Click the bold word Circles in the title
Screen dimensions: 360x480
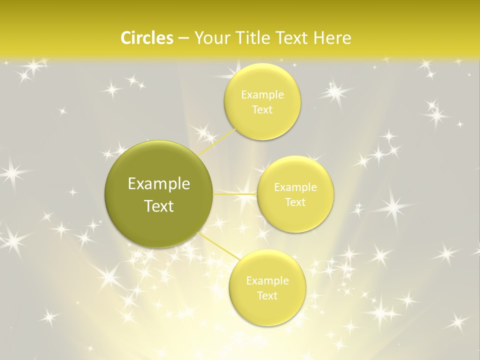point(146,38)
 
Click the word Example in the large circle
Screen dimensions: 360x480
point(159,184)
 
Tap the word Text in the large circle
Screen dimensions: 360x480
point(159,206)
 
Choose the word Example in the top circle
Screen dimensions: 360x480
point(262,95)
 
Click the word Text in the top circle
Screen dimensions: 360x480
point(262,110)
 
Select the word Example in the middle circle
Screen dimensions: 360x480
point(295,187)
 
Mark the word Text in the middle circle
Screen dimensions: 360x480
point(295,202)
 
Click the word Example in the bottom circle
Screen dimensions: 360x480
point(267,281)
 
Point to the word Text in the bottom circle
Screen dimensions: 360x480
point(267,296)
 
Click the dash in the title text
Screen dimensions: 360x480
point(183,38)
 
